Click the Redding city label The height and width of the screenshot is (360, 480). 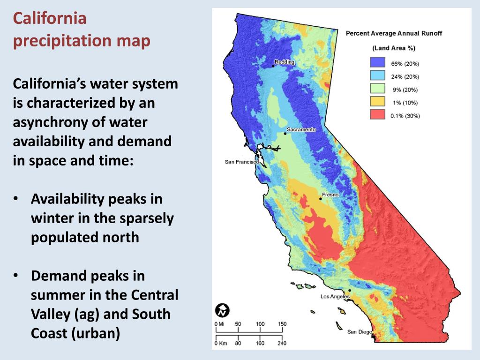coord(285,62)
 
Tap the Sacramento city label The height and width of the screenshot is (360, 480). coord(301,129)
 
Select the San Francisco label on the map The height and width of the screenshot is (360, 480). coord(242,162)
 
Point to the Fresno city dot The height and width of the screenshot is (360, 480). coord(321,199)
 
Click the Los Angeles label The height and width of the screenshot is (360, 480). coord(335,297)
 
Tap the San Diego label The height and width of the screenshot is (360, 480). coord(360,332)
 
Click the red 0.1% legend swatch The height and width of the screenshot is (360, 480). coord(377,115)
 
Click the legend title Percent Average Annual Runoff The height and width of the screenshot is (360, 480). coord(394,33)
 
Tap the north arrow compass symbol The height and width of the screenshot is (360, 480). coord(222,310)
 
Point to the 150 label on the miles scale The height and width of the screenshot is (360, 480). coord(282,324)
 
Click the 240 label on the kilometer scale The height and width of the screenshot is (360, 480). coord(282,344)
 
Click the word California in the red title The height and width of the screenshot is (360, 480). coord(50,19)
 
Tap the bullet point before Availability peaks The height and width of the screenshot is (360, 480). coord(16,199)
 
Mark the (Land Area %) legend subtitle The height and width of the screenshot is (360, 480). coord(394,48)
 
